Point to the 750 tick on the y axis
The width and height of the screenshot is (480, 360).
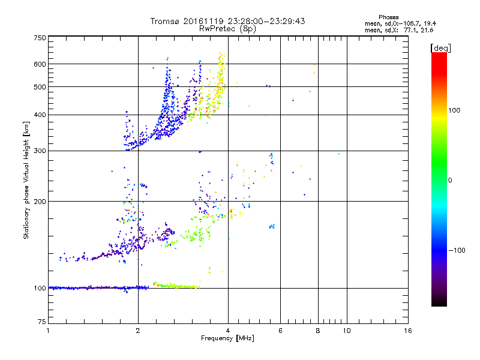coord(40,38)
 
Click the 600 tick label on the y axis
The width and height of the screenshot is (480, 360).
coord(40,64)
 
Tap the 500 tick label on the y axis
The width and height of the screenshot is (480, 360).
coord(40,87)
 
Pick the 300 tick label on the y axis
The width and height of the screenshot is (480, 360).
coord(40,151)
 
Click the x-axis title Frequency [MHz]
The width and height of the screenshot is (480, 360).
coord(227,339)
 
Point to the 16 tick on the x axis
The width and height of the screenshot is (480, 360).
coord(408,331)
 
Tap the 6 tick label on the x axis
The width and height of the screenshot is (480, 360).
coord(280,331)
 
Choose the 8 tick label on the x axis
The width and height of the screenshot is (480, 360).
coord(318,331)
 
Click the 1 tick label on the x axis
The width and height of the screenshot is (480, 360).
coord(49,331)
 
